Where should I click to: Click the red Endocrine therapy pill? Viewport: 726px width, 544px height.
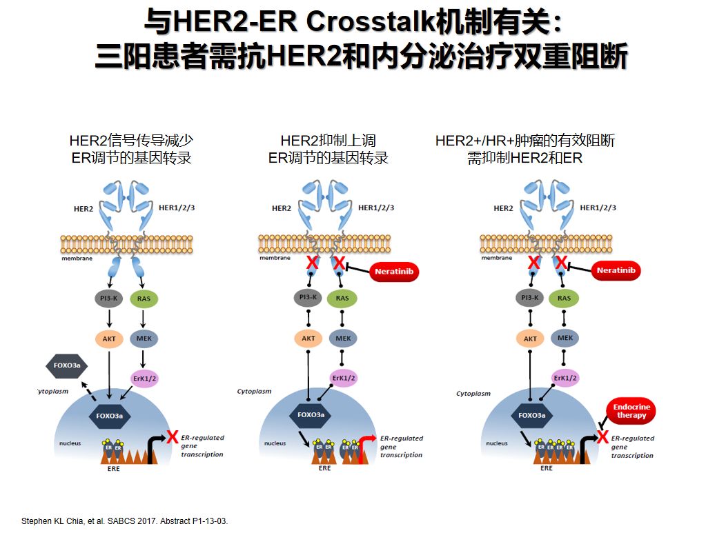pos(631,411)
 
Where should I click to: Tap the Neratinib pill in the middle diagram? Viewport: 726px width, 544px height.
pos(394,272)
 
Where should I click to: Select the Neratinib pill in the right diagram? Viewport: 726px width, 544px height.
pos(616,271)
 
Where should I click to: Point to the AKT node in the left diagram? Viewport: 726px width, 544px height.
pos(108,339)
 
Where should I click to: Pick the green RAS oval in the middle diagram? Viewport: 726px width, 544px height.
pos(342,299)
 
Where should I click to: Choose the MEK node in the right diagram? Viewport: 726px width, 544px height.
pos(565,338)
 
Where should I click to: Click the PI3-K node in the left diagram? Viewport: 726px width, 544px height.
pos(108,299)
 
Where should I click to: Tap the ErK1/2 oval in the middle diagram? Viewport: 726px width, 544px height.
pos(344,377)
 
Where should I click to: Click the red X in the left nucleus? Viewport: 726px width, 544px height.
pos(172,436)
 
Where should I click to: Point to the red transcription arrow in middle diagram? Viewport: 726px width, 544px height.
pos(366,445)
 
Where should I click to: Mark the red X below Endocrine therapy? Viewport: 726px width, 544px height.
pos(602,436)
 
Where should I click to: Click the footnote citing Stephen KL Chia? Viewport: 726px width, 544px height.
pos(126,521)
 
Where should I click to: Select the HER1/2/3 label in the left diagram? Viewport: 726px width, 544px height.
pos(177,207)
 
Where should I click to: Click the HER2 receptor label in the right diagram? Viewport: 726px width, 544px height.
pos(503,208)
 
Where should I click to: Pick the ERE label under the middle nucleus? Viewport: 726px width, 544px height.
pos(324,468)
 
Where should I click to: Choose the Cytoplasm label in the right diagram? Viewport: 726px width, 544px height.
pos(473,393)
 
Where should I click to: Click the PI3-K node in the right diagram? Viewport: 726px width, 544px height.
pos(530,298)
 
